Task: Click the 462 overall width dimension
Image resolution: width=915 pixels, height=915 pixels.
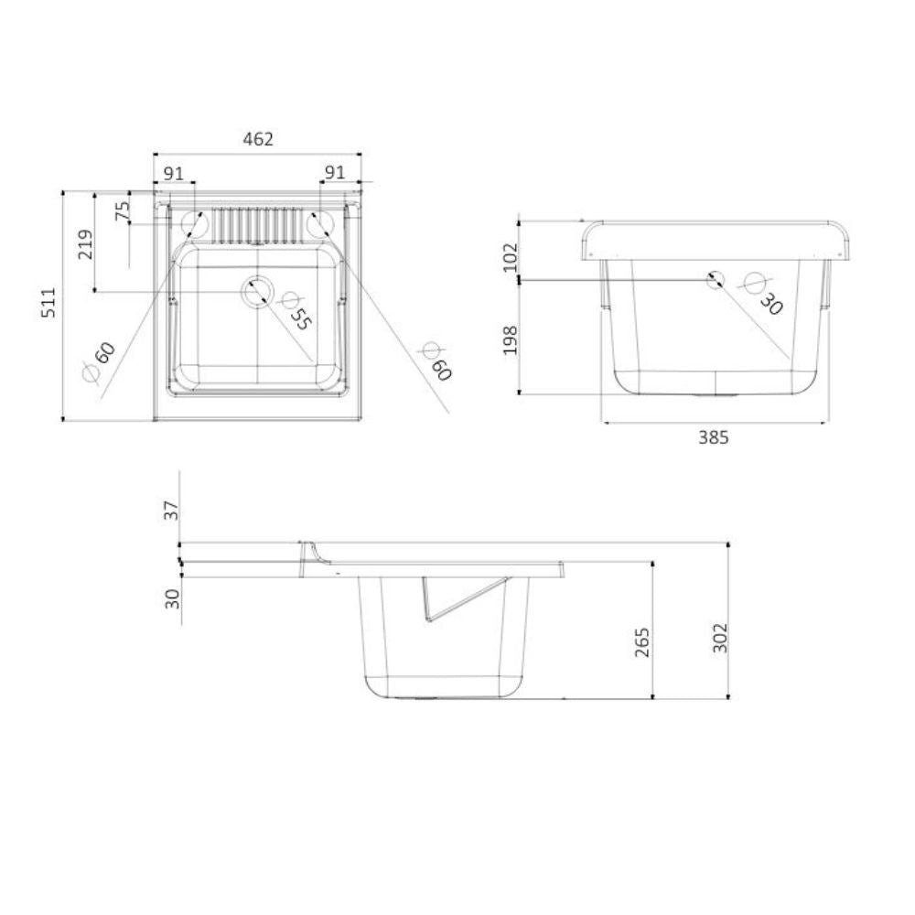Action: (258, 139)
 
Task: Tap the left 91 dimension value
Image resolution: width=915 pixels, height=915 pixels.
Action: (173, 172)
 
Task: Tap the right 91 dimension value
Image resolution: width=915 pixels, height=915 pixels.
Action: (335, 172)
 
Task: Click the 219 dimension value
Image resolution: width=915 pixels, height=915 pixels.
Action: (85, 244)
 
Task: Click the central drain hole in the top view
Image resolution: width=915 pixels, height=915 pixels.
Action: (257, 292)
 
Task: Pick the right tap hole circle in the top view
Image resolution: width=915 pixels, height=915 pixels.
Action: (321, 222)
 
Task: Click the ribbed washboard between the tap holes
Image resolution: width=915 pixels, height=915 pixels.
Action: (257, 223)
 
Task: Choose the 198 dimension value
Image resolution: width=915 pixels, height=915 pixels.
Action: (510, 339)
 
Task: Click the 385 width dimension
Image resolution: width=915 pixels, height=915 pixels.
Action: (713, 438)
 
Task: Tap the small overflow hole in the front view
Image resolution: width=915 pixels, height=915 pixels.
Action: (715, 279)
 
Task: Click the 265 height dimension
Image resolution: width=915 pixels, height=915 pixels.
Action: (642, 642)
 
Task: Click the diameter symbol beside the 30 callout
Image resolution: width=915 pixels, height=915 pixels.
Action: (755, 283)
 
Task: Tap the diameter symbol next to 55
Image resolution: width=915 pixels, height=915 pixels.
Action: (290, 300)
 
